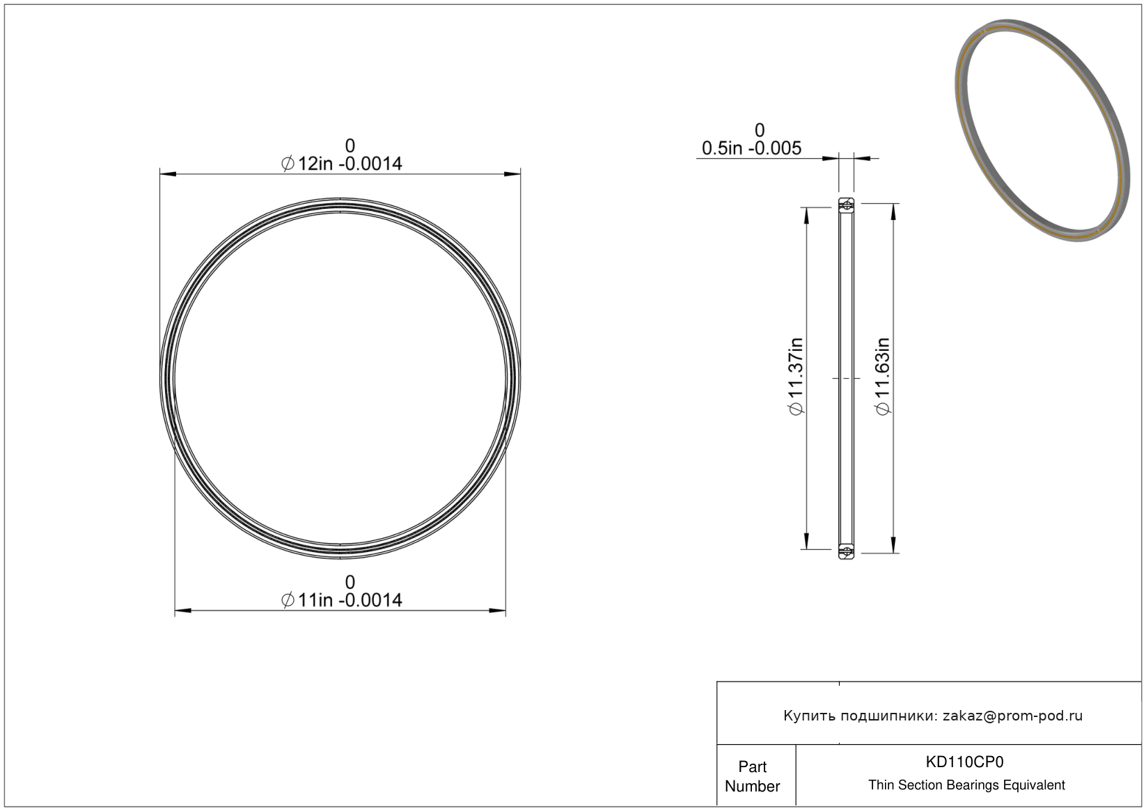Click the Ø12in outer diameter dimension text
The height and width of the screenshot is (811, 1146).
(342, 164)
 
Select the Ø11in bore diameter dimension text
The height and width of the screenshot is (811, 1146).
(342, 600)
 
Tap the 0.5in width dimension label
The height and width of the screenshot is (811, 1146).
(751, 148)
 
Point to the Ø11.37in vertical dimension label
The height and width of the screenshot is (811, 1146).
(796, 377)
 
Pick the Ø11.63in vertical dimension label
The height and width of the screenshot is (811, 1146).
(883, 377)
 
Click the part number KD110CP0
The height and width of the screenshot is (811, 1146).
(964, 762)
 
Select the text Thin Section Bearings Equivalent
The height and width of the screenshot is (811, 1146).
(966, 785)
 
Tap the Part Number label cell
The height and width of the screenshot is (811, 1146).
(753, 776)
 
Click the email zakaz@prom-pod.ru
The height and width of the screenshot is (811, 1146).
(1012, 716)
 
